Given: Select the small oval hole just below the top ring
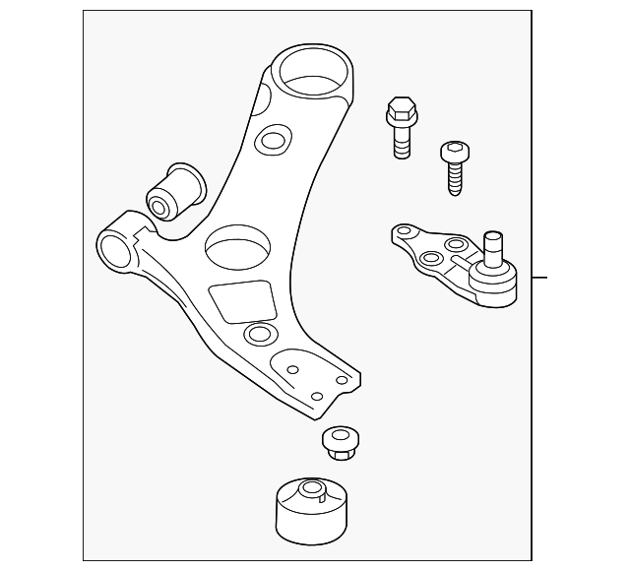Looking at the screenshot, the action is point(270,141).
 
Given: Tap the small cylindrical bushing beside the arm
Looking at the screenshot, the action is point(178,189).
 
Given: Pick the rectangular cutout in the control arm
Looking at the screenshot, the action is point(241,300).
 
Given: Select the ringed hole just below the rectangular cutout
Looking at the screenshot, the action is point(259,336).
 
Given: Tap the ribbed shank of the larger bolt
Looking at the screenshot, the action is point(401,143).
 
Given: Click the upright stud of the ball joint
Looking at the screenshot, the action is point(493,245).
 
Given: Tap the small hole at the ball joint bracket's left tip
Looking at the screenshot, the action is point(402,234).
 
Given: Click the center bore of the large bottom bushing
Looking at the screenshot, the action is point(311,489).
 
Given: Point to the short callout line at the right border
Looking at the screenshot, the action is point(537,278).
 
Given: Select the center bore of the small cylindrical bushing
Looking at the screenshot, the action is point(159,206).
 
